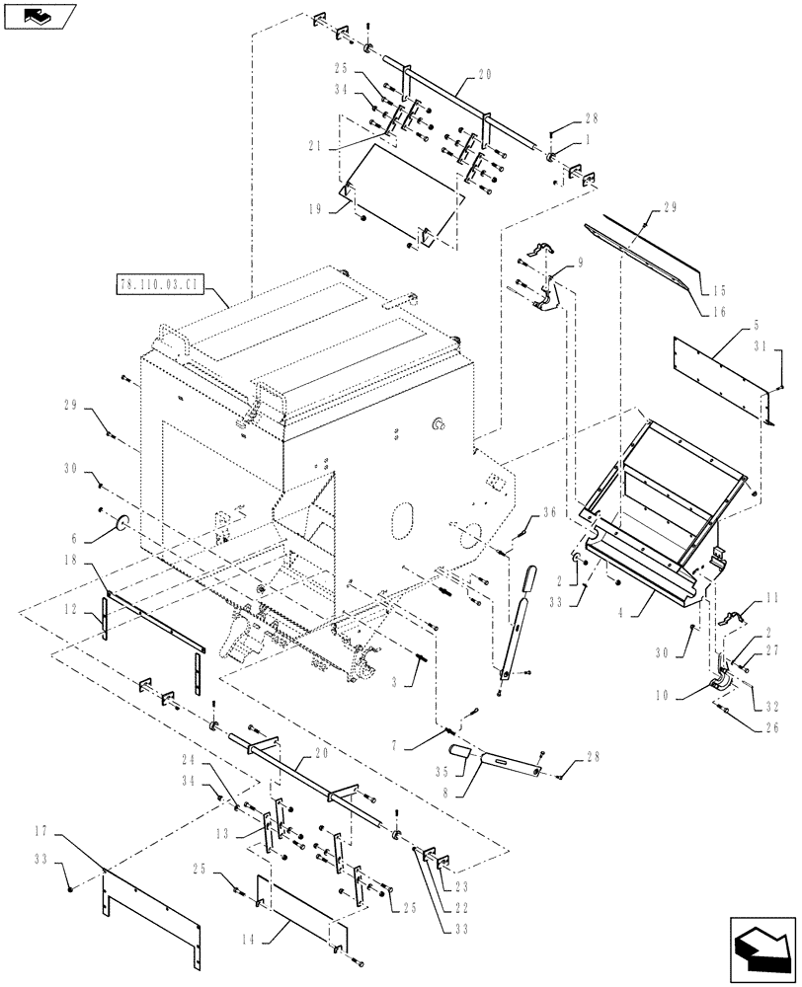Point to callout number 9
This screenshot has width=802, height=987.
coord(580,263)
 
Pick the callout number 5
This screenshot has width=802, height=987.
coord(755,326)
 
